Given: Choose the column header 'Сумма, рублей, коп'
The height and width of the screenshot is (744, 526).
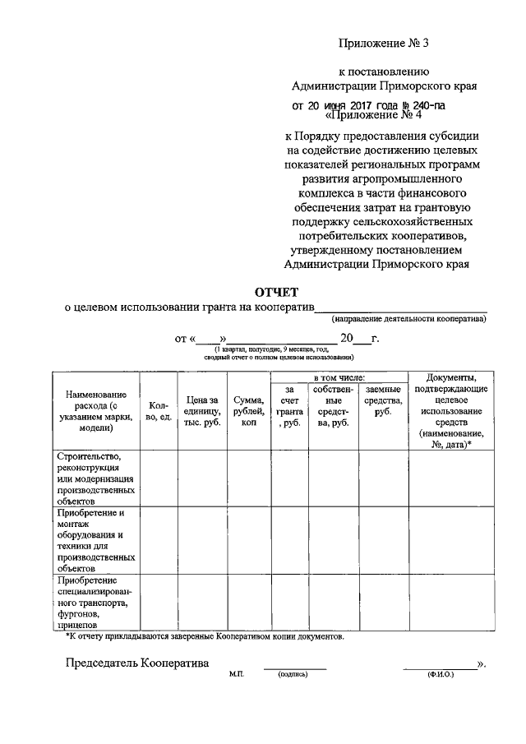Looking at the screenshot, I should tap(249, 410).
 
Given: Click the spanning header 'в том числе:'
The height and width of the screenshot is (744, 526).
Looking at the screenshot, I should tap(340, 377).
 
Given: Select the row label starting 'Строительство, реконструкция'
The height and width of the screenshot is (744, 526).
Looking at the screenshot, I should tap(95, 478).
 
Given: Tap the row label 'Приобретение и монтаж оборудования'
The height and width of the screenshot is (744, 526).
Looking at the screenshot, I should tap(95, 540).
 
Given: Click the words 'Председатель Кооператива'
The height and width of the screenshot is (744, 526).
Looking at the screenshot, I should tap(137, 663).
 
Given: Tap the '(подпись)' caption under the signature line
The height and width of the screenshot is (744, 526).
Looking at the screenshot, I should tap(293, 675).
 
